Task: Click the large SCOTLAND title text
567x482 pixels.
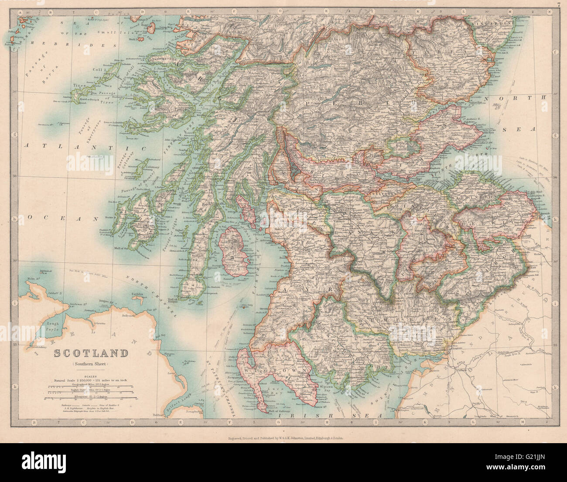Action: click(91, 353)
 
